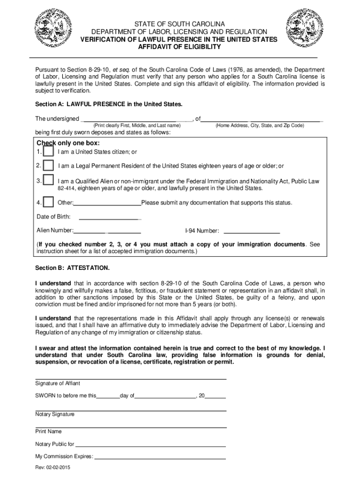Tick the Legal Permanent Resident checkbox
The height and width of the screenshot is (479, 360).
(x=48, y=166)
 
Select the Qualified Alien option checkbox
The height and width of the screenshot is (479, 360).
(x=48, y=181)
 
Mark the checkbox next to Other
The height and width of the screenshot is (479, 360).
(x=48, y=202)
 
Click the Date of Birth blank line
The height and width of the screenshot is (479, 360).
(x=110, y=218)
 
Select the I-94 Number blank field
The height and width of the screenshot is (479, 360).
(x=252, y=232)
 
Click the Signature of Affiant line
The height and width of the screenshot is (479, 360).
(x=131, y=377)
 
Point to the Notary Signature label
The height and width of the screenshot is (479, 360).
(x=55, y=414)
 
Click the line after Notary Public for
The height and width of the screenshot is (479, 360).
(x=151, y=446)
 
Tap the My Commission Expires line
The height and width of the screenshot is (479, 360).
(x=160, y=458)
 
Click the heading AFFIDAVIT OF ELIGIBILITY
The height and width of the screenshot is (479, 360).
(x=180, y=47)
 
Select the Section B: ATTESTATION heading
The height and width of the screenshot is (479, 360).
(x=72, y=269)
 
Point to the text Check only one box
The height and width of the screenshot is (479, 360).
(x=68, y=143)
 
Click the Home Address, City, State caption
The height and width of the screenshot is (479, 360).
(x=259, y=126)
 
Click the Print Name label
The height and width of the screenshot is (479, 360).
(x=48, y=431)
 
